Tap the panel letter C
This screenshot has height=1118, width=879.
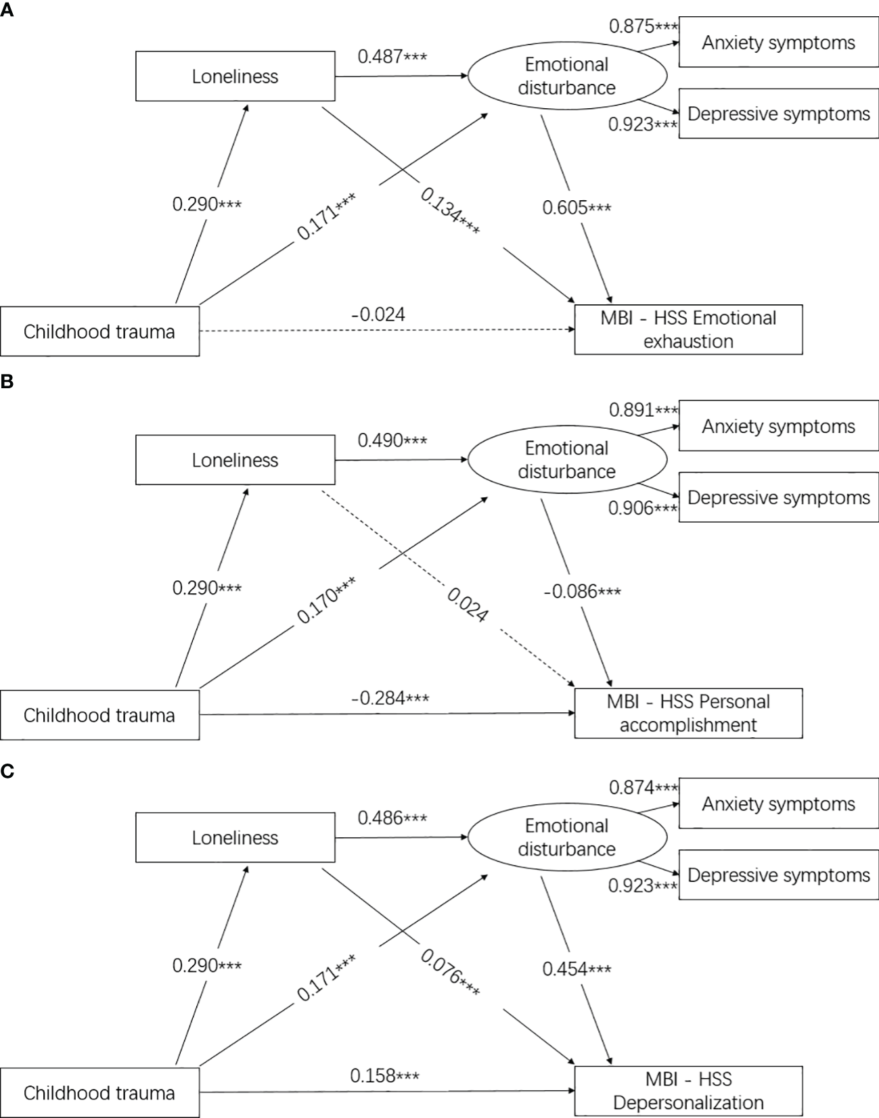tap(7, 772)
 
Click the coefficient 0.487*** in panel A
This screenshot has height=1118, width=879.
tap(392, 56)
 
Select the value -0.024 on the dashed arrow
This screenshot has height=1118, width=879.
tap(378, 315)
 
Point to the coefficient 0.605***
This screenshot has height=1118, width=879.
tap(577, 208)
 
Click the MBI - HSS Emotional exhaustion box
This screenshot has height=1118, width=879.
tap(688, 329)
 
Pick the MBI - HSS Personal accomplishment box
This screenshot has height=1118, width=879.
tap(688, 713)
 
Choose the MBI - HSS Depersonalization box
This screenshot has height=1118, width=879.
tap(688, 1090)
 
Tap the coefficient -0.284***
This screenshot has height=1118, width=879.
tap(390, 698)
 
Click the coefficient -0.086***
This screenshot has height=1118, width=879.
tap(582, 592)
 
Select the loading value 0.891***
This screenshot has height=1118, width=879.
tap(643, 410)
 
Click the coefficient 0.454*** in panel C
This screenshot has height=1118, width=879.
tap(577, 969)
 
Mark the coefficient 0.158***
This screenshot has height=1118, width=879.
tap(384, 1075)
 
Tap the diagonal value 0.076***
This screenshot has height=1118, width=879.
tap(451, 973)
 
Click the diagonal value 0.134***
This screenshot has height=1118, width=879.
tap(451, 212)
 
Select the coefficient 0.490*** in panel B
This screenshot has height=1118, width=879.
tap(392, 440)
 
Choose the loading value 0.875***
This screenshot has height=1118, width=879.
tap(643, 26)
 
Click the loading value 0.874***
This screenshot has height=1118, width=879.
tap(643, 787)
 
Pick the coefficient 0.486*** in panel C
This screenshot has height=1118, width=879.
tap(392, 818)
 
